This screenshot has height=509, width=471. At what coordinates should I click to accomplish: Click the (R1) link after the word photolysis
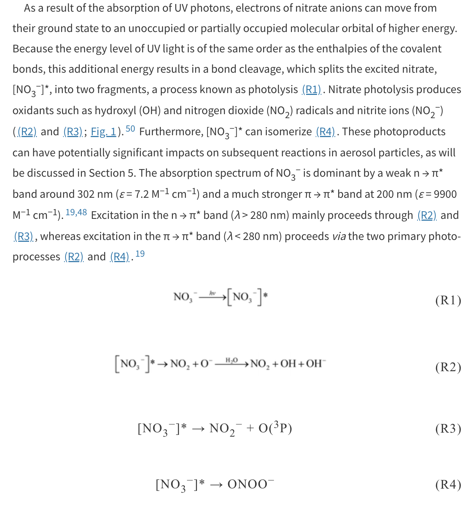click(312, 90)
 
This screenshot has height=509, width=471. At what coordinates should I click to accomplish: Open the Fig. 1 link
click(103, 132)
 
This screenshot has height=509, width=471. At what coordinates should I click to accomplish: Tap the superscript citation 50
click(130, 129)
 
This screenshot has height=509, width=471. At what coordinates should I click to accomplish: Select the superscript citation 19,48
click(76, 212)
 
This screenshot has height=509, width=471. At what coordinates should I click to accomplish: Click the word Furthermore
click(171, 132)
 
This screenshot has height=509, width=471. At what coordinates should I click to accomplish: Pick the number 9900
click(445, 194)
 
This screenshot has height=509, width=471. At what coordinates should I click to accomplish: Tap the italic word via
click(339, 236)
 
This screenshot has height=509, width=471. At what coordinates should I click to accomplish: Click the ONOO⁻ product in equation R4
click(250, 484)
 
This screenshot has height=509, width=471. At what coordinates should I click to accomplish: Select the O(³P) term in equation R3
click(275, 428)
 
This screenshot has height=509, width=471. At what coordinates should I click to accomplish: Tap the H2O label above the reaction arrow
click(231, 360)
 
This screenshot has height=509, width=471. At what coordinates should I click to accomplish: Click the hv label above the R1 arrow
click(213, 293)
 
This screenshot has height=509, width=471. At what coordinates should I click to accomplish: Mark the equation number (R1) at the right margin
click(448, 300)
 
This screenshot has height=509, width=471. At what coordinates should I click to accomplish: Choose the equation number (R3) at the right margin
click(448, 429)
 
